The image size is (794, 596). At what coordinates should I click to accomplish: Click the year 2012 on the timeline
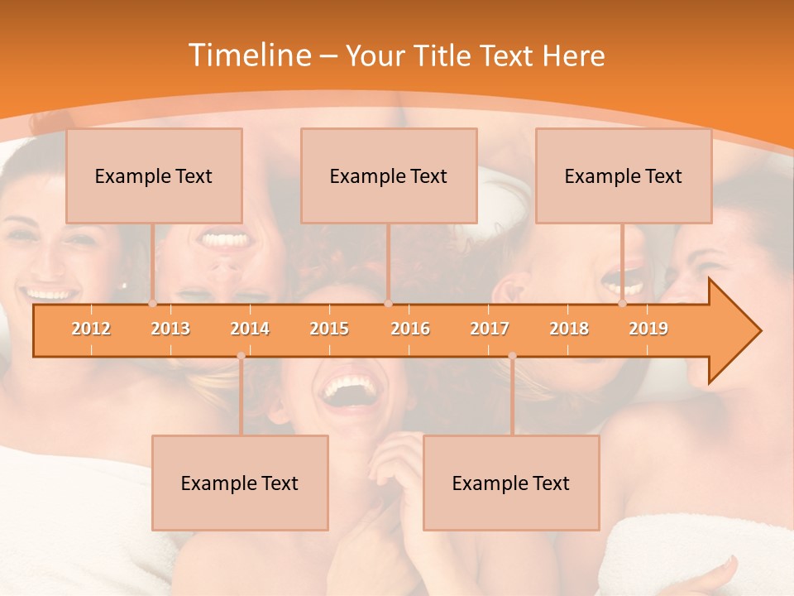pyautogui.click(x=91, y=329)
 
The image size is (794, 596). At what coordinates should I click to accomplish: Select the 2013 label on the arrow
pyautogui.click(x=170, y=329)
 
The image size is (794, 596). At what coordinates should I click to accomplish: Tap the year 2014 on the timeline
pyautogui.click(x=250, y=329)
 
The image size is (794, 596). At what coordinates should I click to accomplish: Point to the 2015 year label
pyautogui.click(x=329, y=329)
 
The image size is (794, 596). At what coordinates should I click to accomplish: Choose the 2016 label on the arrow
pyautogui.click(x=410, y=329)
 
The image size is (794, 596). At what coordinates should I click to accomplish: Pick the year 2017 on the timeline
pyautogui.click(x=490, y=329)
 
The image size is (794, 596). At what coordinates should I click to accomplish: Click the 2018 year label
pyautogui.click(x=569, y=329)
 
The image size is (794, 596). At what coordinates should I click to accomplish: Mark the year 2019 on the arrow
pyautogui.click(x=648, y=329)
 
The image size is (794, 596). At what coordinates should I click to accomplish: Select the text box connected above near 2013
pyautogui.click(x=154, y=175)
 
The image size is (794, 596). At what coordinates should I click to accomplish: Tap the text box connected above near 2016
pyautogui.click(x=389, y=175)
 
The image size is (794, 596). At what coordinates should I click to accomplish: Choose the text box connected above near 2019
pyautogui.click(x=624, y=175)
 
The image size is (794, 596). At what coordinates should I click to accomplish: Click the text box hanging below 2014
pyautogui.click(x=240, y=483)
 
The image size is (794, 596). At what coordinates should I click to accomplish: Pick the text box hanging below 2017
pyautogui.click(x=511, y=483)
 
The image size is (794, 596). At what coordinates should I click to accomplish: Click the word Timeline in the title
pyautogui.click(x=248, y=55)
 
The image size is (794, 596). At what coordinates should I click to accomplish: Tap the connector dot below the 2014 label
pyautogui.click(x=241, y=356)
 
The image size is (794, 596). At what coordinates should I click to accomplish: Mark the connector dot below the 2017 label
pyautogui.click(x=512, y=356)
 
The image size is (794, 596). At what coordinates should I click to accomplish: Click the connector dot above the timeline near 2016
pyautogui.click(x=388, y=304)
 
